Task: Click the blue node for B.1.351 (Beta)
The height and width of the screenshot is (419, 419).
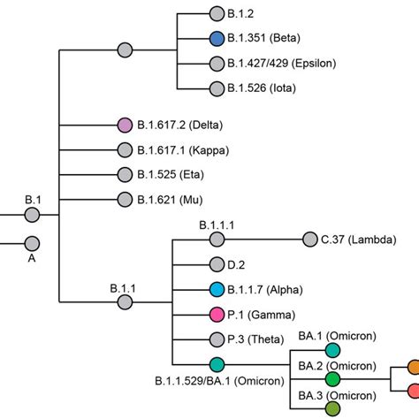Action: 217,38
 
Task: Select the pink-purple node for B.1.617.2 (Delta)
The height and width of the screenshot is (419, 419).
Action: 125,126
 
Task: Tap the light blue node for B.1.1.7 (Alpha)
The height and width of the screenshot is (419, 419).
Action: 217,289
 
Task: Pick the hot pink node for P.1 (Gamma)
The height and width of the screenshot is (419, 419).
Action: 217,314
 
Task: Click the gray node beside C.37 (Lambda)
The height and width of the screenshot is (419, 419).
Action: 309,239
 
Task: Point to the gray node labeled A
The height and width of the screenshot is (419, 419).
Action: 33,243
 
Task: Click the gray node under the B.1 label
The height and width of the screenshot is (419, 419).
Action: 33,215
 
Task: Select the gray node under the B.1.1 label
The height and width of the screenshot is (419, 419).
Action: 125,302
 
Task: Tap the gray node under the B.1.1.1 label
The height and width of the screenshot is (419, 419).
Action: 217,239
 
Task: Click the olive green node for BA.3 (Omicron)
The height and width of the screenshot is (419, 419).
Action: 332,408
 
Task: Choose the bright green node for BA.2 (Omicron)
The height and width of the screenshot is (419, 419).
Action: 332,378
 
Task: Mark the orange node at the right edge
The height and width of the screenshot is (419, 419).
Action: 413,365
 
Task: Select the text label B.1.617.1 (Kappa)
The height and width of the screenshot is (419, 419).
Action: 178,150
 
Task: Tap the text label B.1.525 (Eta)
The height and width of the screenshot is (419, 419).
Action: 169,175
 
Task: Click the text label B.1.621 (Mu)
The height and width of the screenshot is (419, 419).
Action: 168,201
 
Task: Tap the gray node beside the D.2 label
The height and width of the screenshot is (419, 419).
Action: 217,264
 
